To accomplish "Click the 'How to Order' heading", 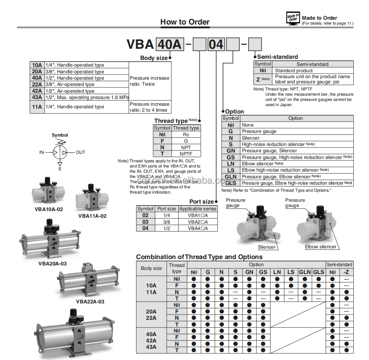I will point(185,22).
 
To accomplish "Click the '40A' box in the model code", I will point(170,44).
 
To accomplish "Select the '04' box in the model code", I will point(216,45).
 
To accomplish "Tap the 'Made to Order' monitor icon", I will point(293,19).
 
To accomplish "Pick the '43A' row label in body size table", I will point(37,98).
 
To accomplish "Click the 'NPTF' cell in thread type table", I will point(186,154).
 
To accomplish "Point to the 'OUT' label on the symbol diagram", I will point(81,152).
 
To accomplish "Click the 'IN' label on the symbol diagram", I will point(42,152).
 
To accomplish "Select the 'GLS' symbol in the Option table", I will point(231,183).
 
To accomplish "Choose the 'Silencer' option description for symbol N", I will point(251,138).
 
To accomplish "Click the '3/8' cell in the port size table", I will point(166,222).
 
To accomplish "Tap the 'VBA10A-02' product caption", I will point(49,209).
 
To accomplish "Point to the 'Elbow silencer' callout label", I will point(321,247).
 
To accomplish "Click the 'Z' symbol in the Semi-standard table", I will point(258,79).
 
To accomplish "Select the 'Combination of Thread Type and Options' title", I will point(199,257).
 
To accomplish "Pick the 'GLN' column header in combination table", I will point(305,272).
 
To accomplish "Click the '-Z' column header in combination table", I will point(346,272).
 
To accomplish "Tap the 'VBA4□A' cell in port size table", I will point(198,228).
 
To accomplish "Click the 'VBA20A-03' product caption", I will point(53,264).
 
